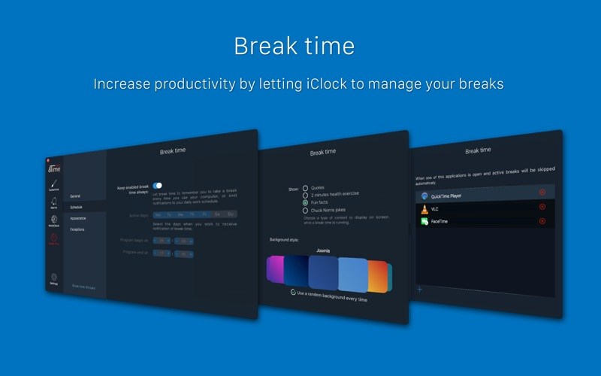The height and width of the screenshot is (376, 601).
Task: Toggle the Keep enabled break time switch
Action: click(157, 185)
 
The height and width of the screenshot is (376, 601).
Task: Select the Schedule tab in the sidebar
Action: click(77, 207)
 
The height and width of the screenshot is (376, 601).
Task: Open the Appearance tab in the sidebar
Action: click(78, 218)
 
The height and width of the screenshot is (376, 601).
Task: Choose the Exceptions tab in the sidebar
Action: click(78, 229)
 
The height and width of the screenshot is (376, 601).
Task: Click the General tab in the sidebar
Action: click(75, 196)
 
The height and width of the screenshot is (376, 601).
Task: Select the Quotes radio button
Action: click(305, 188)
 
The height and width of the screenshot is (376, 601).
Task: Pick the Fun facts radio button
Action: click(305, 202)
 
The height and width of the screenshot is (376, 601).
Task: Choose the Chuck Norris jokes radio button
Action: click(305, 210)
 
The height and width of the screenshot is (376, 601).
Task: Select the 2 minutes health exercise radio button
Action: click(305, 196)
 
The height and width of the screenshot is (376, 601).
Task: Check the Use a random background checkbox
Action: click(293, 292)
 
